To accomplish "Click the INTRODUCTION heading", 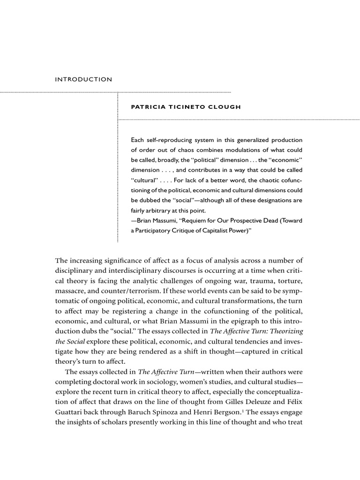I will click(84, 79).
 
